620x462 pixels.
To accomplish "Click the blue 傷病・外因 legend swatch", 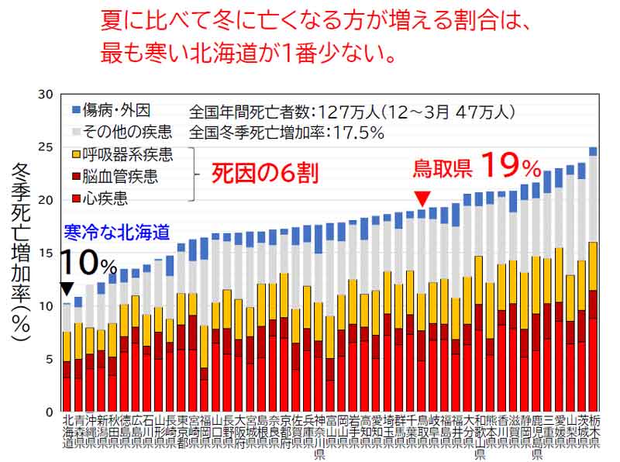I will pyautogui.click(x=77, y=109).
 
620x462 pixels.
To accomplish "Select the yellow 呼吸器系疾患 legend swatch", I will pyautogui.click(x=77, y=155).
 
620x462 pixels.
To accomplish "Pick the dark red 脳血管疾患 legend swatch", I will pyautogui.click(x=77, y=178).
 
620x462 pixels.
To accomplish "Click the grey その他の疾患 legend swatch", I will pyautogui.click(x=77, y=132).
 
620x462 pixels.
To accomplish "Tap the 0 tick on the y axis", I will pyautogui.click(x=48, y=412).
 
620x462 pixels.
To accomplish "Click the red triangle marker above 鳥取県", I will pyautogui.click(x=422, y=198).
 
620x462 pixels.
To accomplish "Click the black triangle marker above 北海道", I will pyautogui.click(x=67, y=288).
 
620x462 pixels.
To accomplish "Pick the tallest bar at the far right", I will pyautogui.click(x=593, y=279).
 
